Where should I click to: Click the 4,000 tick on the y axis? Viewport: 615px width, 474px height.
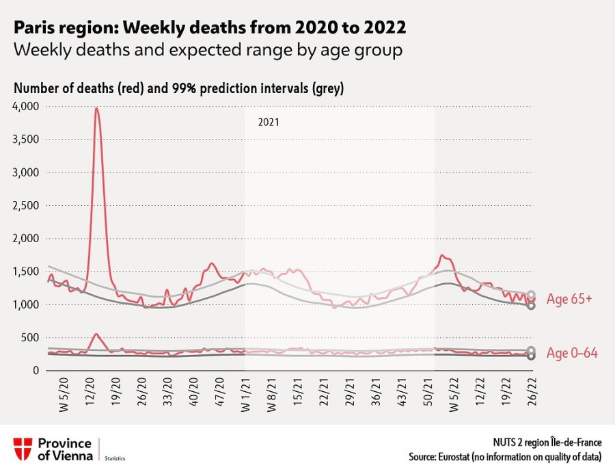point(26,107)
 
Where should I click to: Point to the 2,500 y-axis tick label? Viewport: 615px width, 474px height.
point(26,206)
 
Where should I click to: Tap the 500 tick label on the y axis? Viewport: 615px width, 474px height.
point(31,338)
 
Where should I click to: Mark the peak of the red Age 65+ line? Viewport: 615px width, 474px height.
point(96,108)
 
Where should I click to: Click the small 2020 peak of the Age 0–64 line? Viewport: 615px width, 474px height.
point(96,334)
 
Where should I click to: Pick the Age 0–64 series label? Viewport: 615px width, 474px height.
point(572,354)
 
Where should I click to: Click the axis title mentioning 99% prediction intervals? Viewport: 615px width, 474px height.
point(178,88)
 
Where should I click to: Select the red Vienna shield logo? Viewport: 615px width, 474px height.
point(23,449)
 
